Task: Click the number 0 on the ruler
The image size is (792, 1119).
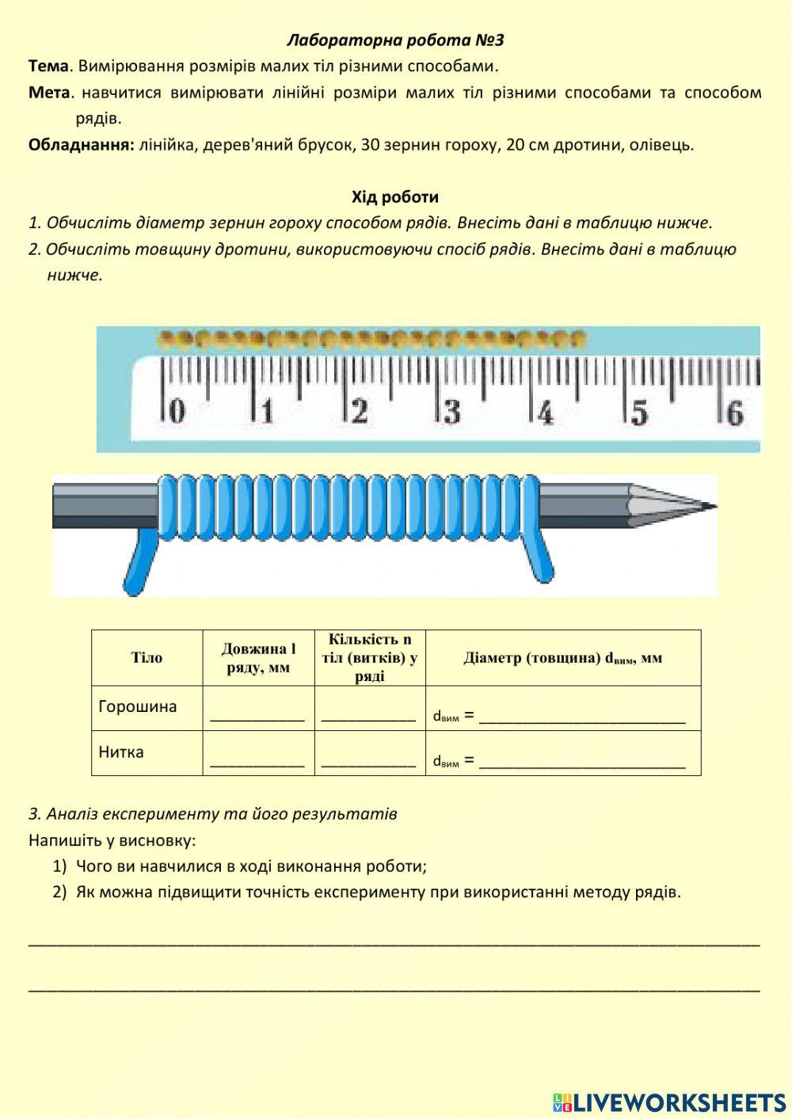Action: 177,412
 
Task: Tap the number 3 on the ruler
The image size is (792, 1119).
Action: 451,412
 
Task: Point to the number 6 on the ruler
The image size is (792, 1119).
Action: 734,413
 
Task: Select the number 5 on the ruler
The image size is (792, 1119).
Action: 639,413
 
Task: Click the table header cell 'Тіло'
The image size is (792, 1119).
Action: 147,658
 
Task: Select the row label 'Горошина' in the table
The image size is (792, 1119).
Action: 138,706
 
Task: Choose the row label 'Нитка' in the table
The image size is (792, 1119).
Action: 121,752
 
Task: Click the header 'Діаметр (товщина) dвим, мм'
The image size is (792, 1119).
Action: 562,658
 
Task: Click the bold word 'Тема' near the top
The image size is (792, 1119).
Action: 48,66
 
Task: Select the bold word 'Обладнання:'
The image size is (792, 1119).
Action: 81,145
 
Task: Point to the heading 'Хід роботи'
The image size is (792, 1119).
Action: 395,196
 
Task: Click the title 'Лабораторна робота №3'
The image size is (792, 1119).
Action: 395,40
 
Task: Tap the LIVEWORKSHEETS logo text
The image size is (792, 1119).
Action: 679,1102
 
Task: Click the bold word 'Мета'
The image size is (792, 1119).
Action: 49,93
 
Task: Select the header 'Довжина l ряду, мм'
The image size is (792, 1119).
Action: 258,658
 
